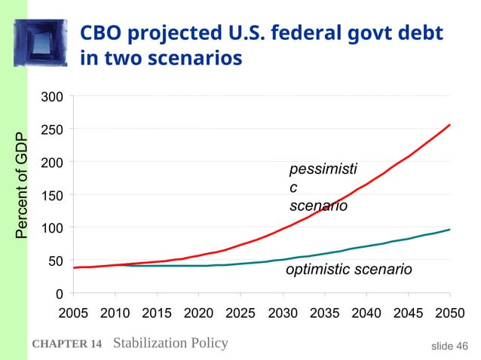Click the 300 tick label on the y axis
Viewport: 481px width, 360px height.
[x=52, y=97]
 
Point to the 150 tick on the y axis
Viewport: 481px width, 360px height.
[x=52, y=196]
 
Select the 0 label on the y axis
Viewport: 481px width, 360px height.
[x=60, y=294]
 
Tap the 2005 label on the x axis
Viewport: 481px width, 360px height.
[x=73, y=313]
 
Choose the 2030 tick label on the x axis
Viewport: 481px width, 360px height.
[x=283, y=313]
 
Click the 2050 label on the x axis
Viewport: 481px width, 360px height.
[x=450, y=313]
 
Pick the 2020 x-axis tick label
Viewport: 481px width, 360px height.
[x=199, y=313]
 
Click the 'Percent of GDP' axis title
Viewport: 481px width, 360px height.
[x=21, y=185]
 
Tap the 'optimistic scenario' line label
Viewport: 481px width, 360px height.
[x=349, y=270]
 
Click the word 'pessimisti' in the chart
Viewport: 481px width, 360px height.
[x=323, y=169]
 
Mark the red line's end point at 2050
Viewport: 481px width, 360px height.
[x=449, y=125]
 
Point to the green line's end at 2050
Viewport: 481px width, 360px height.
[x=449, y=230]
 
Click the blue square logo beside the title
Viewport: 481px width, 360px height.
[x=41, y=43]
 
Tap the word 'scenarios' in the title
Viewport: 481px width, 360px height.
[x=195, y=58]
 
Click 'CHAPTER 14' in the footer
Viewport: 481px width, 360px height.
[x=67, y=343]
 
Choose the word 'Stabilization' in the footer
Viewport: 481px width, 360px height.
[x=150, y=343]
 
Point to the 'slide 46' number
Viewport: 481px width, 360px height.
[x=449, y=346]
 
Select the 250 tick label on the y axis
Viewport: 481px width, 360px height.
[x=52, y=130]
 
